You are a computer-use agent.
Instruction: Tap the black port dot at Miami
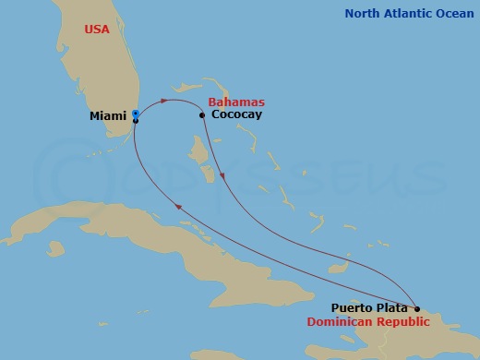click(x=135, y=121)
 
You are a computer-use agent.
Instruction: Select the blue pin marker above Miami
click(x=135, y=113)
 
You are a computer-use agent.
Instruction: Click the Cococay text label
click(x=236, y=114)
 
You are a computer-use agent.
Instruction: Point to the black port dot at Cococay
click(x=202, y=115)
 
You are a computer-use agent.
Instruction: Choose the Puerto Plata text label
click(x=369, y=308)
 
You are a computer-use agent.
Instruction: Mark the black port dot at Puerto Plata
click(x=416, y=309)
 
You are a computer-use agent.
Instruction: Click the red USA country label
click(x=96, y=30)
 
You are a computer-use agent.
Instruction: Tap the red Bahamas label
click(x=236, y=102)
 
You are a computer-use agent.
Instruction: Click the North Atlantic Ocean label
click(x=409, y=13)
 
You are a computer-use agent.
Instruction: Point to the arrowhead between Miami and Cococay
click(x=164, y=100)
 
